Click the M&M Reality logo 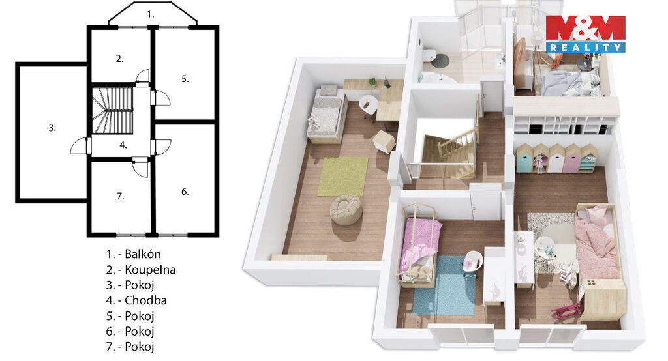[585, 34]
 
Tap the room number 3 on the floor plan [52, 128]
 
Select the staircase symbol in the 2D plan [113, 111]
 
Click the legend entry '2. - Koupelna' [141, 270]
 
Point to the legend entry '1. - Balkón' [133, 254]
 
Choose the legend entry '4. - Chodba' [136, 300]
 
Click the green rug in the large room [342, 177]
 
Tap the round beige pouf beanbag [346, 209]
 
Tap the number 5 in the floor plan [185, 79]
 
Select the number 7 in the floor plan [121, 196]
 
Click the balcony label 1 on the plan [151, 14]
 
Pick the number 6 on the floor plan [185, 192]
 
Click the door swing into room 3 [79, 145]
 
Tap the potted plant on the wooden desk [372, 81]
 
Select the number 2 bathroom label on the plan [120, 59]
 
